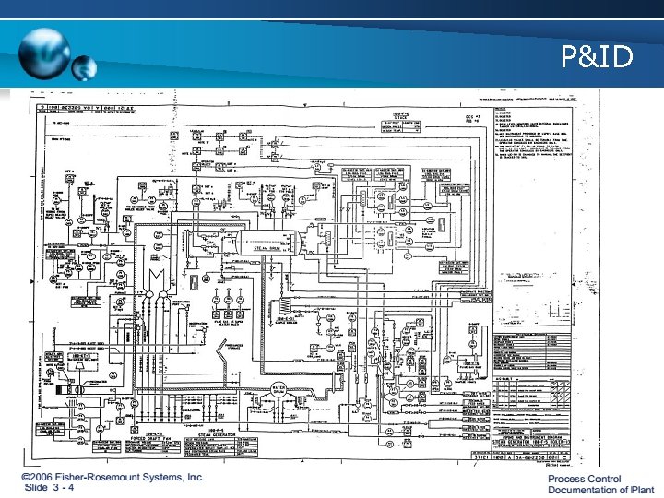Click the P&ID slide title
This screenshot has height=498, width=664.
coord(599,59)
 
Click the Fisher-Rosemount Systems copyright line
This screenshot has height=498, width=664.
coord(113,477)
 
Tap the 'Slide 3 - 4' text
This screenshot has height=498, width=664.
coord(63,488)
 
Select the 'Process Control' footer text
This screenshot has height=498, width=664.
coord(585,479)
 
